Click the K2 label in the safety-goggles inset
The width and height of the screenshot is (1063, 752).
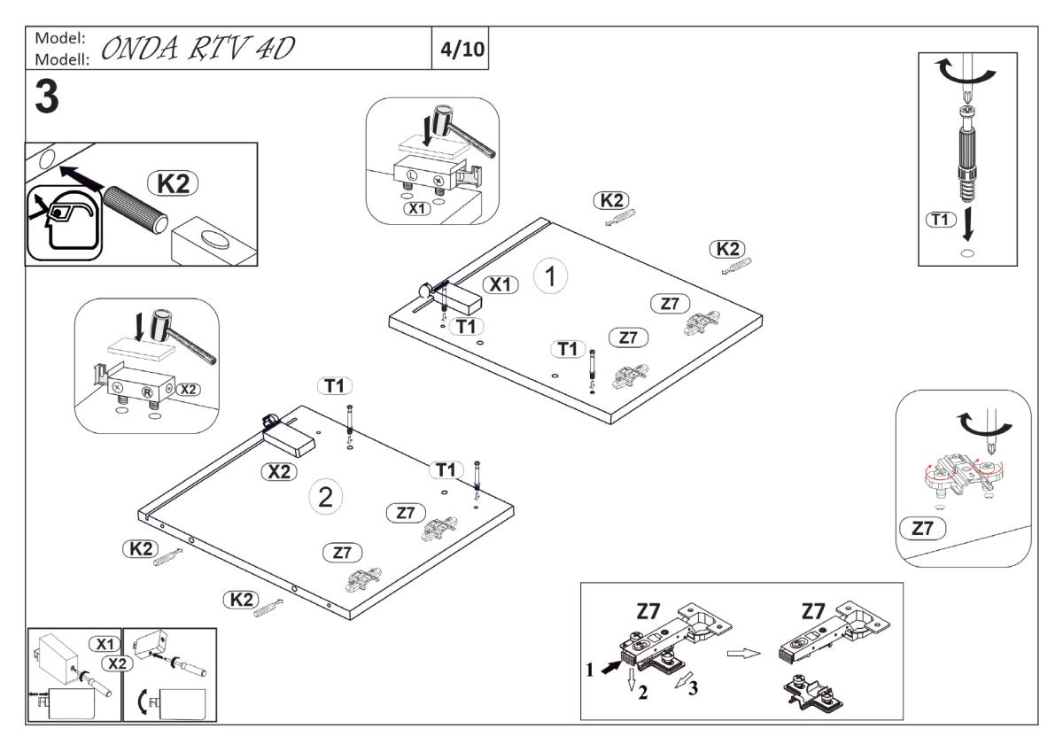coord(173,183)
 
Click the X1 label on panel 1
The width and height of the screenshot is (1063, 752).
coord(501,284)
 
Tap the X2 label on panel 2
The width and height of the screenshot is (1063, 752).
coord(280,472)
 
